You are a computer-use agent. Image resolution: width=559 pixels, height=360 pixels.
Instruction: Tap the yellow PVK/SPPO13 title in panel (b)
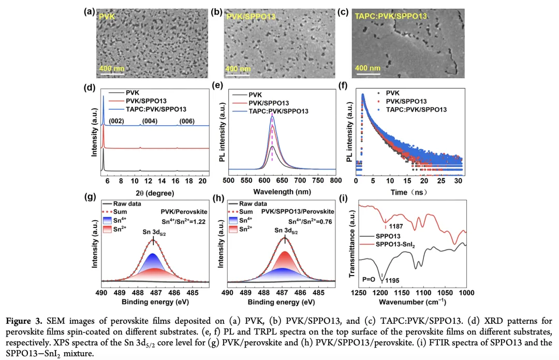251,17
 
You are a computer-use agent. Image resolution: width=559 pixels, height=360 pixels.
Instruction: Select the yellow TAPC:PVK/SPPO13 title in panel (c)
391,16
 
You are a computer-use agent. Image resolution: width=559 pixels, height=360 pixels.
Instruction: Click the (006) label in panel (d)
186,121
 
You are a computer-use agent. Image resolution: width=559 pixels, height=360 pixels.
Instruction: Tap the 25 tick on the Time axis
441,180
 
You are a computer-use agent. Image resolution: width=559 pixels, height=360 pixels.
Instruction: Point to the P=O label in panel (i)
371,279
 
